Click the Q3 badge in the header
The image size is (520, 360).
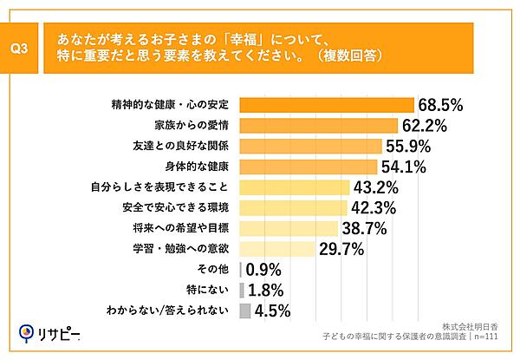24,49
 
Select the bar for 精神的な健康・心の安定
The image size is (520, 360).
326,105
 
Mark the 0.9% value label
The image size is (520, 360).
267,270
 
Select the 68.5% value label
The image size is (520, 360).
440,105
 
